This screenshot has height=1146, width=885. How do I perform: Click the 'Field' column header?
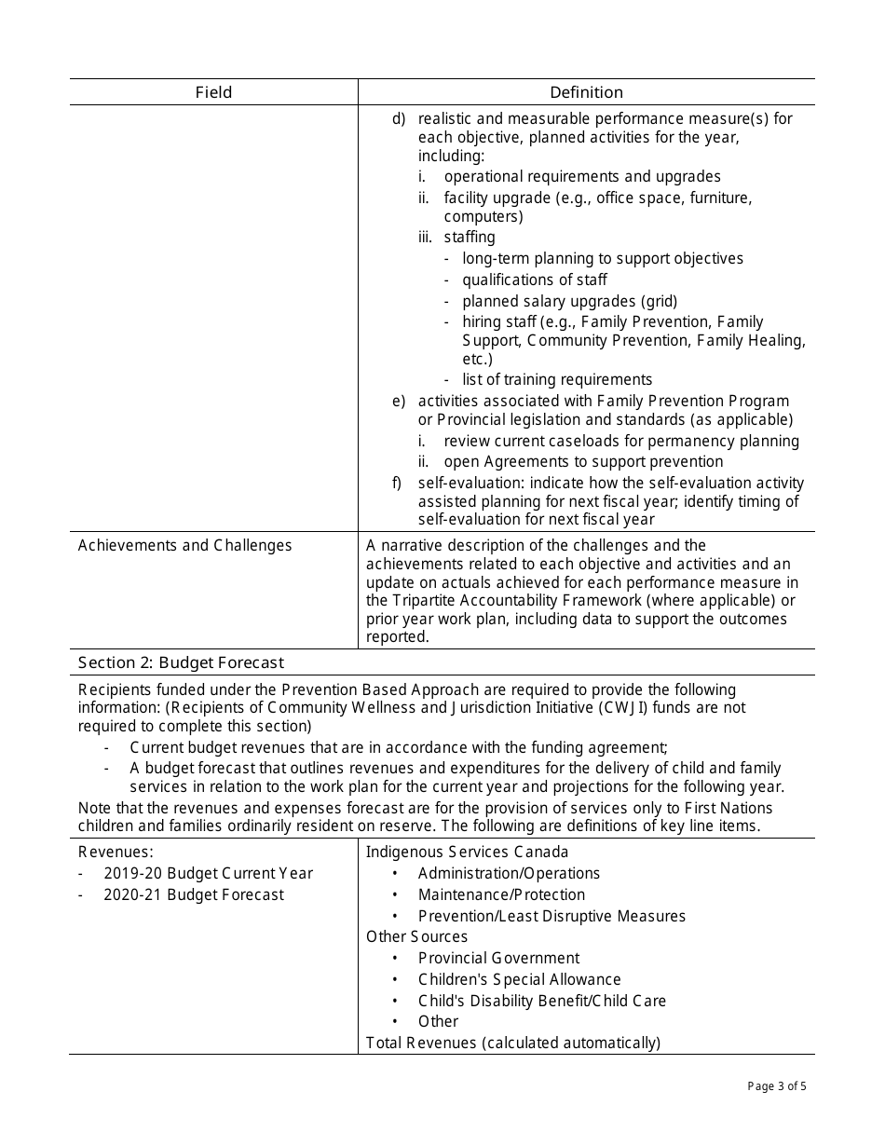tap(213, 92)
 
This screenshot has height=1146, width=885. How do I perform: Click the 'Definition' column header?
tap(586, 92)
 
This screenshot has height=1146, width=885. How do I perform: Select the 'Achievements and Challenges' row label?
tap(184, 545)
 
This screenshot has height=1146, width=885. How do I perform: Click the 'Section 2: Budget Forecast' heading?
tap(181, 662)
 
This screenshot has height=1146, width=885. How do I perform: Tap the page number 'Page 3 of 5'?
tap(776, 1085)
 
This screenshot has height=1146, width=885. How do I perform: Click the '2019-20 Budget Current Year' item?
tap(208, 873)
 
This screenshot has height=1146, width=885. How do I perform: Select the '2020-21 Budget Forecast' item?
tap(194, 894)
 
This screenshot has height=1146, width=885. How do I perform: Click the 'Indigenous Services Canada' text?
tap(467, 852)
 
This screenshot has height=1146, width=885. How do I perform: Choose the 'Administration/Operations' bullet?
tap(509, 873)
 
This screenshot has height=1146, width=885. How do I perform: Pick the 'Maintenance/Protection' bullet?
tap(501, 894)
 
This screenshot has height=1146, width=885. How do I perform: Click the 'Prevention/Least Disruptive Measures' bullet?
tap(551, 916)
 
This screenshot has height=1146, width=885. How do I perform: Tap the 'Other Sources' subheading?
tap(416, 936)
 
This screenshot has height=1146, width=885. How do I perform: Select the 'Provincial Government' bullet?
tap(498, 958)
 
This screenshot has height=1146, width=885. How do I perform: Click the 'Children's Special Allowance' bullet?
tap(519, 979)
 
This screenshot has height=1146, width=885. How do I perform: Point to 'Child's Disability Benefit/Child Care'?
tap(541, 1001)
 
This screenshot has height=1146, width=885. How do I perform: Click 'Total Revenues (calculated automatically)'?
tap(512, 1043)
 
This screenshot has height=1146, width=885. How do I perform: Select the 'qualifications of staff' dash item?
tap(535, 280)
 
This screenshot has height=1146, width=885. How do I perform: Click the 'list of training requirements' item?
tap(557, 379)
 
